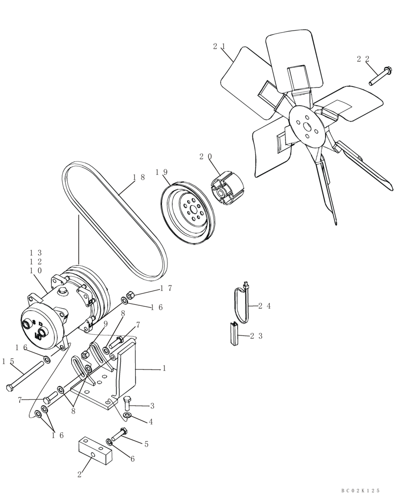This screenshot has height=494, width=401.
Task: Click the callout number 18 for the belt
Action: click(139, 177)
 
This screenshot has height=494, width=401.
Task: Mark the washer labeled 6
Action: click(109, 441)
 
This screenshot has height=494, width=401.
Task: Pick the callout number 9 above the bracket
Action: click(105, 324)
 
